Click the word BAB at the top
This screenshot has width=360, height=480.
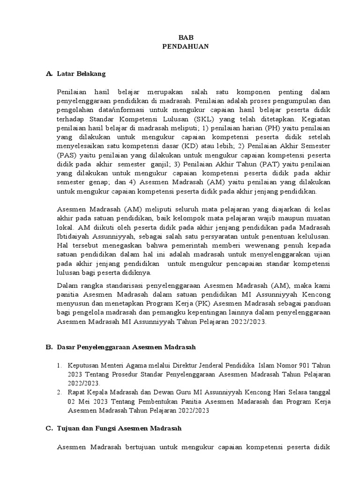point(186,38)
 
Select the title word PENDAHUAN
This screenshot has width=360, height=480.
point(186,47)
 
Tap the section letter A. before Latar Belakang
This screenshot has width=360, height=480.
point(48,74)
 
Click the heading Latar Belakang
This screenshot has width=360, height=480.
point(81,74)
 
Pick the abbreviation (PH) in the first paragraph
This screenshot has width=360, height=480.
point(275,127)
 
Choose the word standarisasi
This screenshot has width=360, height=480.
point(130,285)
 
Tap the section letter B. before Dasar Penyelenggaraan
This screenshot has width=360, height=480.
point(48,347)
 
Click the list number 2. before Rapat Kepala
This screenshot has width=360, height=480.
point(60,392)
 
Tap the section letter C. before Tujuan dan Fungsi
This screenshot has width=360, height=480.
point(48,428)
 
